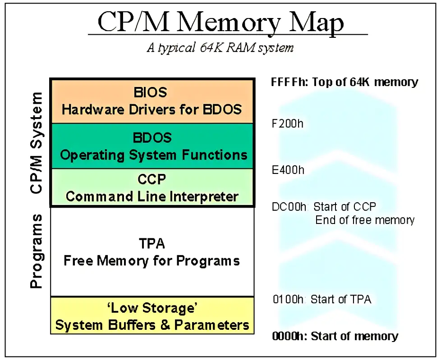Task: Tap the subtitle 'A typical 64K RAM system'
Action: click(x=220, y=48)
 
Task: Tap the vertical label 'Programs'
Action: click(x=37, y=251)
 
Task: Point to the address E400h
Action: click(x=288, y=170)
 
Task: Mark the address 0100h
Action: click(x=289, y=299)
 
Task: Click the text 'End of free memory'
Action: click(x=365, y=220)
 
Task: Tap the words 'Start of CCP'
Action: click(x=345, y=207)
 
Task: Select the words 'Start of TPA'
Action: click(x=341, y=299)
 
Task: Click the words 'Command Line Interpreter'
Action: click(x=152, y=196)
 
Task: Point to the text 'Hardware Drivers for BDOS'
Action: click(x=152, y=109)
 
